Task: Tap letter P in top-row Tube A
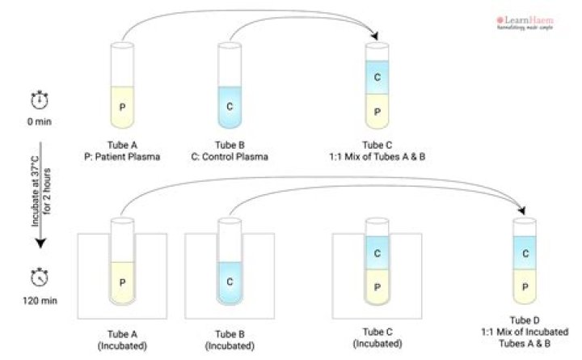pyautogui.click(x=123, y=107)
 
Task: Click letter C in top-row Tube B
pyautogui.click(x=231, y=107)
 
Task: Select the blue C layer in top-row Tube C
pyautogui.click(x=377, y=78)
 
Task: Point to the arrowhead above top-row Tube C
pyautogui.click(x=375, y=37)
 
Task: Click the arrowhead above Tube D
pyautogui.click(x=521, y=211)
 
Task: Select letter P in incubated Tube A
pyautogui.click(x=123, y=283)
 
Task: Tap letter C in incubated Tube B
pyautogui.click(x=231, y=282)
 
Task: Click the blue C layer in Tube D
pyautogui.click(x=525, y=253)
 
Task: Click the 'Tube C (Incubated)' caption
pyautogui.click(x=377, y=340)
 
